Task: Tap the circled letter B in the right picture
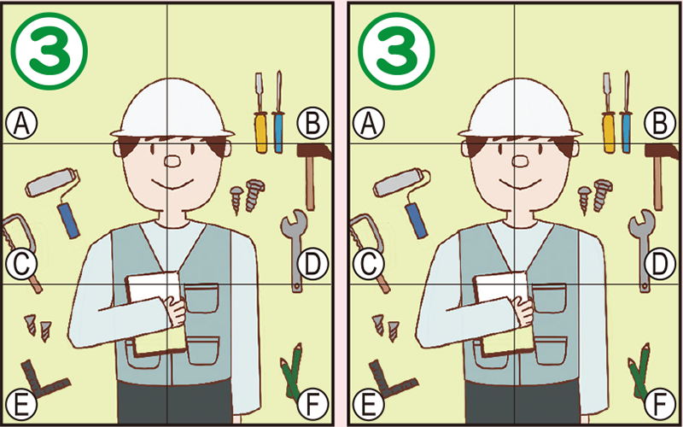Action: click(658, 125)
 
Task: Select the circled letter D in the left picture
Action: click(312, 265)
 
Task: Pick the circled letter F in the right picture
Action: click(658, 401)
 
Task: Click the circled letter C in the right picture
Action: click(368, 265)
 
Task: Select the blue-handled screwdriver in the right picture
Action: click(627, 115)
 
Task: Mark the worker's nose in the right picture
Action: click(517, 161)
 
